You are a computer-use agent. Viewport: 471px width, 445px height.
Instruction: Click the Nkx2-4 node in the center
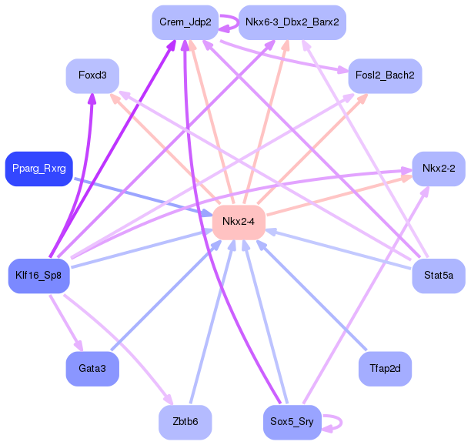tap(239, 222)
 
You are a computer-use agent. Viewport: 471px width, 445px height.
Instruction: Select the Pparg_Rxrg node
tap(39, 169)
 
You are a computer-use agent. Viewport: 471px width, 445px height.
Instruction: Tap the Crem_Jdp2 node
tap(185, 22)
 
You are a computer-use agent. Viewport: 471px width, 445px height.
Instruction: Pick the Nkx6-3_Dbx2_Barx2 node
tap(292, 22)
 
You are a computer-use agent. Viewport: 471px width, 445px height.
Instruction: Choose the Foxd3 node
tap(92, 75)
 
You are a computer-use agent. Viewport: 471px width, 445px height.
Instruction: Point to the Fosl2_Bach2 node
tap(385, 75)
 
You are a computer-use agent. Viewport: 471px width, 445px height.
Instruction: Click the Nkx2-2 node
tap(439, 169)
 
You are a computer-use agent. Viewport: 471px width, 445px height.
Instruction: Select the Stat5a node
tap(439, 276)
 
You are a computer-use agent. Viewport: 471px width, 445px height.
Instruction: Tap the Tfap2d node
tap(385, 369)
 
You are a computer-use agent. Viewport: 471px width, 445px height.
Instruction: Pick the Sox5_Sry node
tap(292, 422)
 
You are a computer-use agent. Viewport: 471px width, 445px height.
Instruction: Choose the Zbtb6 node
tap(185, 422)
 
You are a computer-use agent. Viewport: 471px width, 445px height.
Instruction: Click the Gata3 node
tap(92, 369)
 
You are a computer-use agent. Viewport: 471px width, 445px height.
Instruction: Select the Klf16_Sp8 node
tap(39, 276)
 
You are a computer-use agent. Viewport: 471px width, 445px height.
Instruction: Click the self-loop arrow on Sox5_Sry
tap(341, 423)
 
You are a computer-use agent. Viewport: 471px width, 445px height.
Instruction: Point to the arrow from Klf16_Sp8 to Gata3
tap(66, 323)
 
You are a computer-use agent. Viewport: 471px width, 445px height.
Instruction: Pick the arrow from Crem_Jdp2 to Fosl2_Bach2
tap(284, 56)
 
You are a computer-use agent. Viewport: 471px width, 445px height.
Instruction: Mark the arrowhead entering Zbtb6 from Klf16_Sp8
tap(169, 400)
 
